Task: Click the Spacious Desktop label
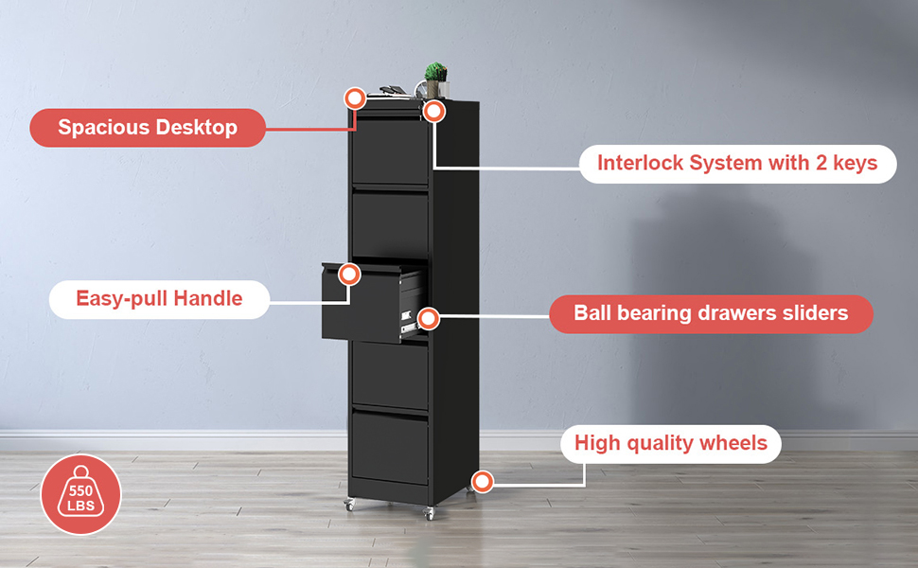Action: (148, 127)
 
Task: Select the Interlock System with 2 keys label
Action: (737, 163)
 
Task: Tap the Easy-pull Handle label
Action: (159, 299)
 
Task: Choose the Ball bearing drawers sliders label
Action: (711, 312)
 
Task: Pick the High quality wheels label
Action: (670, 443)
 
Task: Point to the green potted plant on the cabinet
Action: (435, 75)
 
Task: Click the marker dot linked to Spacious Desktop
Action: (355, 98)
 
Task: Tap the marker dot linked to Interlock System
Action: (433, 112)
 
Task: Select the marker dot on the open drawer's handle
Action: (349, 275)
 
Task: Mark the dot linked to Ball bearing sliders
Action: (428, 318)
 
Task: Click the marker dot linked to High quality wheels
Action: (483, 481)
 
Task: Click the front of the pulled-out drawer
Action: (361, 305)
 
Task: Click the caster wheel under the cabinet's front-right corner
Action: (430, 513)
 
